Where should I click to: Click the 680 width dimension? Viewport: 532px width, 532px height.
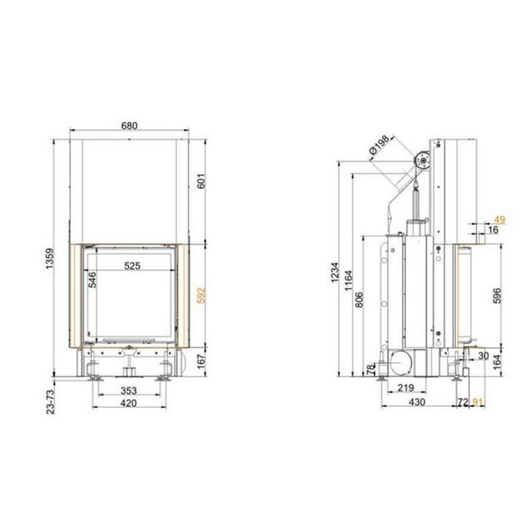point(129,126)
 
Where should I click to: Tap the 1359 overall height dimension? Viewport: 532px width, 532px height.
point(50,259)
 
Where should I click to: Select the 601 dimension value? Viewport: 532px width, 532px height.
point(201,181)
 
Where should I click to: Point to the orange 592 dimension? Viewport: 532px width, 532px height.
point(201,296)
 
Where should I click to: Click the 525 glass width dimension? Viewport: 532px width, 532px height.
point(132,265)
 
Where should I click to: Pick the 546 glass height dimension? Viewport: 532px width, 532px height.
point(92,280)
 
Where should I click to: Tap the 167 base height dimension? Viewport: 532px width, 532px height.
point(201,361)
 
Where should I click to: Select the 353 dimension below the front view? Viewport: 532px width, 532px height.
point(129,391)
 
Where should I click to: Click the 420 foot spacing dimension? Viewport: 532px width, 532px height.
point(129,403)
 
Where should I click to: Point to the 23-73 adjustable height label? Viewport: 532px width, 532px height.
point(50,402)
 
